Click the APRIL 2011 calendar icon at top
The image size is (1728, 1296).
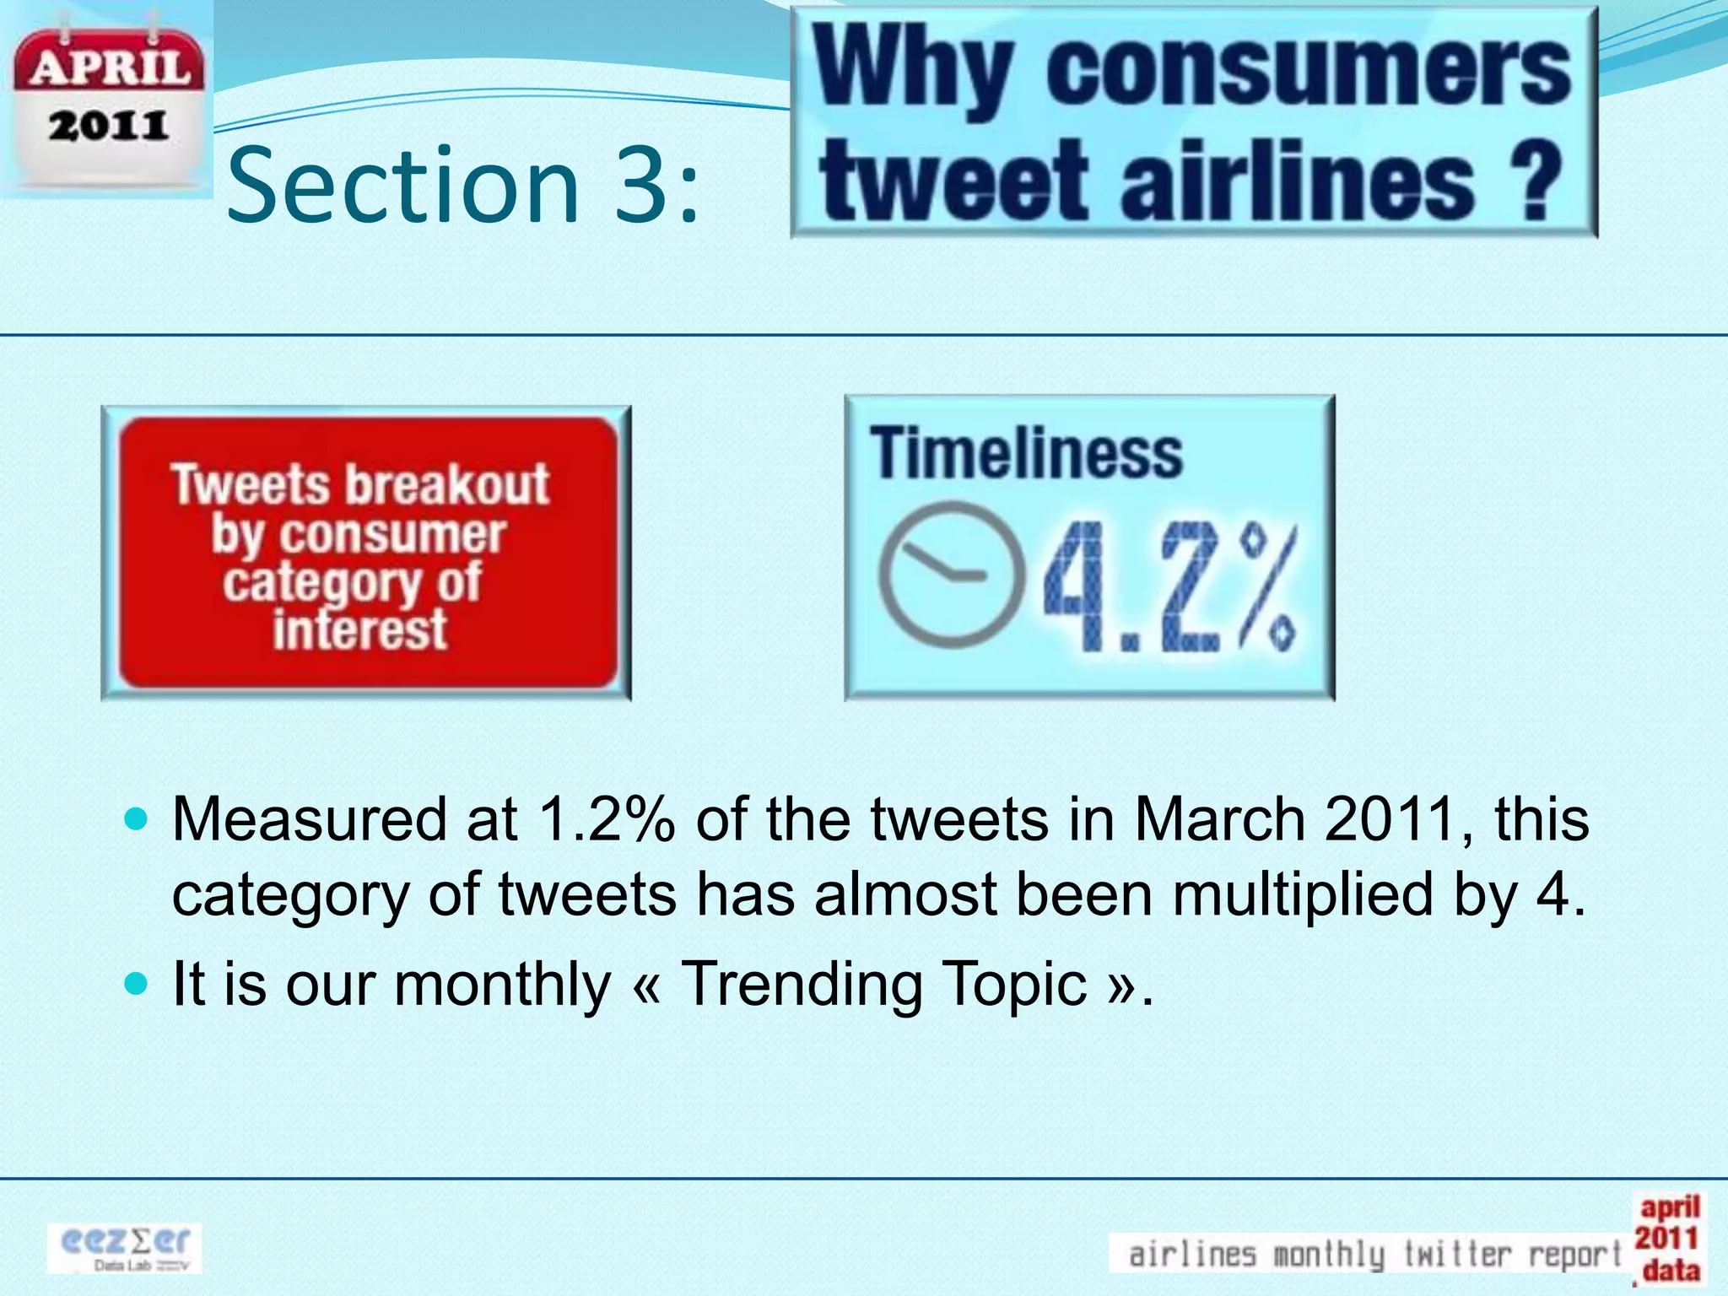point(107,100)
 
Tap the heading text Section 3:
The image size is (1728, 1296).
point(463,185)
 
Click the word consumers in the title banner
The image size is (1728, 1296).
point(1308,69)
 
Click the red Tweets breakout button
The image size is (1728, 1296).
point(366,553)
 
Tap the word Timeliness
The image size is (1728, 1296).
point(1025,453)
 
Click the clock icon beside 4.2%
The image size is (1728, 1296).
point(949,575)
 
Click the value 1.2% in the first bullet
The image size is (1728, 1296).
point(607,819)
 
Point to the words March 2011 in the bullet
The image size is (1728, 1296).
point(1296,819)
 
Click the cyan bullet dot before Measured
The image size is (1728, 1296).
point(135,818)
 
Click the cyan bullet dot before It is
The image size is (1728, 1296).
point(135,983)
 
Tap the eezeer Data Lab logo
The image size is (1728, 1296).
point(124,1247)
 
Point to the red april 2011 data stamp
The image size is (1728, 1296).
point(1667,1239)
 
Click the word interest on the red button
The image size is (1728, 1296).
point(360,629)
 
